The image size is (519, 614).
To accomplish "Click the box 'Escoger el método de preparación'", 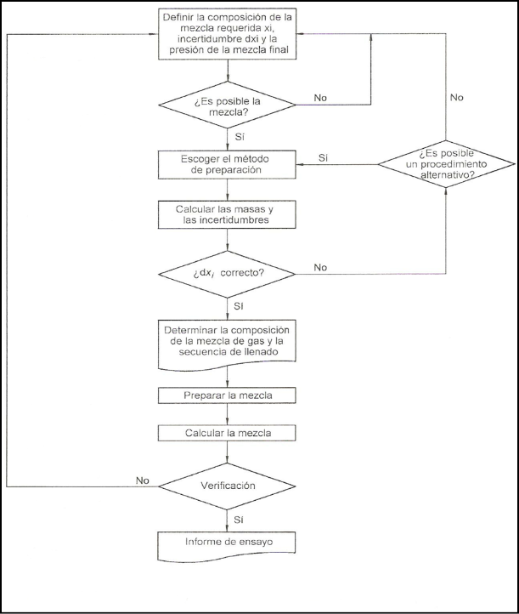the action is click(x=227, y=165).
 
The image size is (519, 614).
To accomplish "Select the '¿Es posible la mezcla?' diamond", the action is click(x=227, y=105).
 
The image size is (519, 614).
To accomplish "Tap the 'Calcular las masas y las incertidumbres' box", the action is click(x=227, y=214).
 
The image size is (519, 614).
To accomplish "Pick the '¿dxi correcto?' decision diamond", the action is click(x=227, y=274).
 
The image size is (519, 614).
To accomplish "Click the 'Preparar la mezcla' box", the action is click(x=227, y=395).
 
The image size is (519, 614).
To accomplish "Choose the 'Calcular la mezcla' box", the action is click(x=227, y=433).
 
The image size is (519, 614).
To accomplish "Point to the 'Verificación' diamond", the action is click(x=227, y=486).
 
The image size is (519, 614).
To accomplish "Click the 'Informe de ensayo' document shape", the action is click(x=227, y=546).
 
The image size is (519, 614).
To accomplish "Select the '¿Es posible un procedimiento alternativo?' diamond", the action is click(x=446, y=164).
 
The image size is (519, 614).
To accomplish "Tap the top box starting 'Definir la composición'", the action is click(x=227, y=34).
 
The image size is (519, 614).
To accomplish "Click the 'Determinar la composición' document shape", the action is click(x=227, y=344).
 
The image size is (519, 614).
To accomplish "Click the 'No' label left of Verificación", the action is click(x=143, y=480).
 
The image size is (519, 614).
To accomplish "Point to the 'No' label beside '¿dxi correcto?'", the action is click(x=320, y=267).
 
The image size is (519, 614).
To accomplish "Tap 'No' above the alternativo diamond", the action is click(x=456, y=98).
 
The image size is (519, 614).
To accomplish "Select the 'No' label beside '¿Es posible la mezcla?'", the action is click(x=320, y=98).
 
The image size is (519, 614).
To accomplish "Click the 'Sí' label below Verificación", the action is click(x=239, y=520).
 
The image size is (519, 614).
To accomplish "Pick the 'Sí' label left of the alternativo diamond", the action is click(x=323, y=158).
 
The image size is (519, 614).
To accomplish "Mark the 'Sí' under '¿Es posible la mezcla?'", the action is click(x=240, y=137).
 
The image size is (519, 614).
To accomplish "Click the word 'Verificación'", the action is click(x=228, y=486).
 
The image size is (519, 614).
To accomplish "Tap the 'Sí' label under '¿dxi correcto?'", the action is click(x=239, y=306).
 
